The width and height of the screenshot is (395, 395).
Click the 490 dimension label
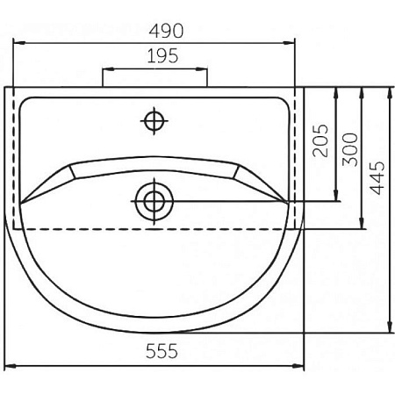tap(166, 31)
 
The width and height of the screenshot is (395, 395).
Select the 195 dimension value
tap(162, 56)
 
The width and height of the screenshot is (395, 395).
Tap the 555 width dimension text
tap(162, 351)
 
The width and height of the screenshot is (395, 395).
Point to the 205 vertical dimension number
tap(320, 140)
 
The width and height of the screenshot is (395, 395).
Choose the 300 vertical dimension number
tap(350, 149)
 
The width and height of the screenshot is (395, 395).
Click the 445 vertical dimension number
tap(377, 177)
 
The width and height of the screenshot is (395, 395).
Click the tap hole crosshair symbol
tap(154, 121)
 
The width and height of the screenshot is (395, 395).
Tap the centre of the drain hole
tap(154, 201)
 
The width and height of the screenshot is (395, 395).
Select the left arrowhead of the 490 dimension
tap(19, 43)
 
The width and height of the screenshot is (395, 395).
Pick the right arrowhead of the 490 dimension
tap(289, 43)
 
